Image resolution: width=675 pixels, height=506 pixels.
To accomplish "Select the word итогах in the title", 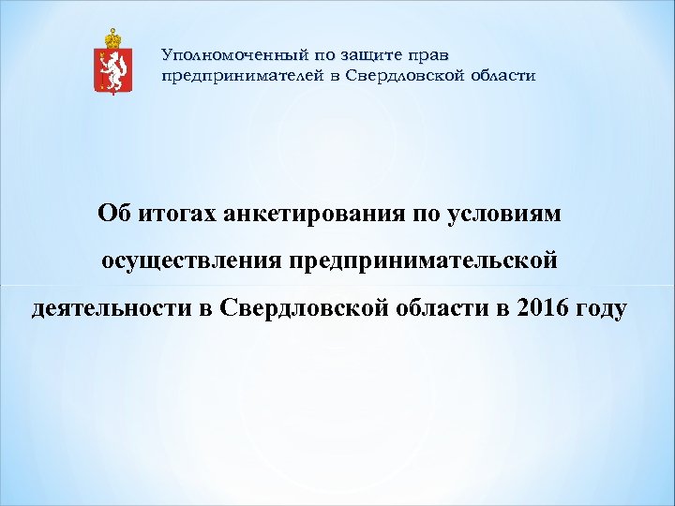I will pyautogui.click(x=174, y=215).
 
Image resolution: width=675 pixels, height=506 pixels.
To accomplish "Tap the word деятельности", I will pyautogui.click(x=112, y=306).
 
